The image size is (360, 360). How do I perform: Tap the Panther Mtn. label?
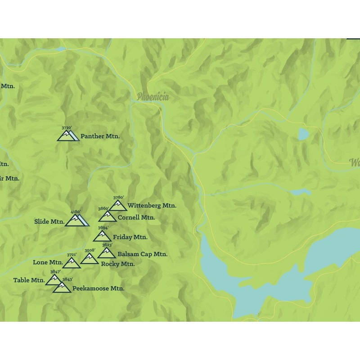coord(100,136)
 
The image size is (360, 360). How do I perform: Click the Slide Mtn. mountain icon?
coord(76,220)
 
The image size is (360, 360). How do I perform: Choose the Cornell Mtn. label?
coord(136,217)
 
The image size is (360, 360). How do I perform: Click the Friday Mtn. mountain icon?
coord(102,236)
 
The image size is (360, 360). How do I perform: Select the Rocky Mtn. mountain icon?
coord(89,258)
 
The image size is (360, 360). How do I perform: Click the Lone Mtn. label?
coord(48,262)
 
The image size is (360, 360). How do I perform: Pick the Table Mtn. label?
coord(29,280)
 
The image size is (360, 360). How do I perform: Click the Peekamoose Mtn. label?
coord(98,288)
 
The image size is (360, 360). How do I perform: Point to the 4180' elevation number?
coord(76,211)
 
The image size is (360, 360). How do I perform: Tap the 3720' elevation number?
coord(66,128)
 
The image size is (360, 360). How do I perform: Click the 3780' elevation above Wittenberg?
coord(118,197)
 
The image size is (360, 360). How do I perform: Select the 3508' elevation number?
coord(90,250)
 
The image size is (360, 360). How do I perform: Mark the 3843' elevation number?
coord(67,279)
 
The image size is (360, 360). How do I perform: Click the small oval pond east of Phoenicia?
coord(303,134)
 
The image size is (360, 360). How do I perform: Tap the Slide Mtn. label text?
coord(49,221)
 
